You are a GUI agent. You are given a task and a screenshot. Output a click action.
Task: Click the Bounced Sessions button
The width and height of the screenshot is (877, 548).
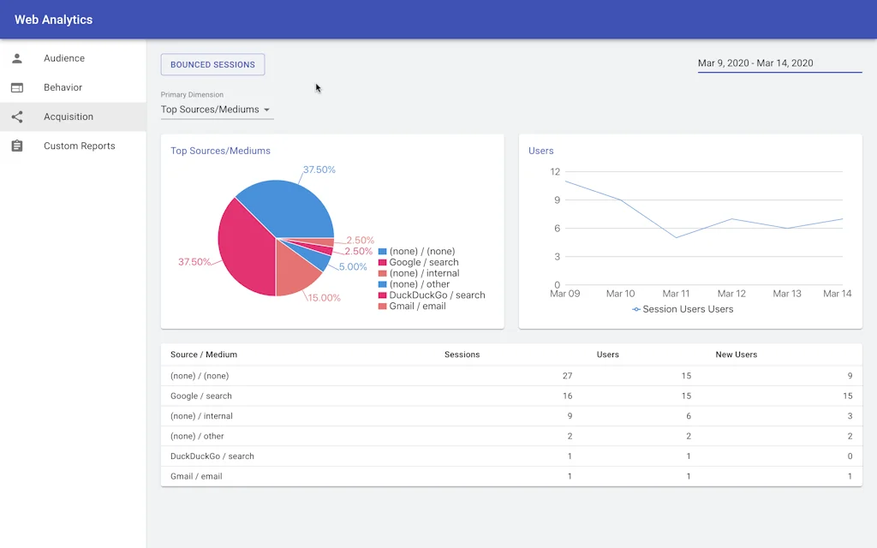click(x=212, y=64)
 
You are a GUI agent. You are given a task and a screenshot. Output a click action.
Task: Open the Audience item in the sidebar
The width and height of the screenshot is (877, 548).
click(x=64, y=58)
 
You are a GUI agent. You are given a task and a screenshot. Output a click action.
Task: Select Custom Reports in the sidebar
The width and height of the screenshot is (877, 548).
click(x=79, y=146)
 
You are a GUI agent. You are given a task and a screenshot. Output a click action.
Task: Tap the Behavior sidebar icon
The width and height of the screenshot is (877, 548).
click(x=17, y=87)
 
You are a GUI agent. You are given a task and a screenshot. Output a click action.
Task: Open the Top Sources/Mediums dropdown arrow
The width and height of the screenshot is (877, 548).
click(x=266, y=110)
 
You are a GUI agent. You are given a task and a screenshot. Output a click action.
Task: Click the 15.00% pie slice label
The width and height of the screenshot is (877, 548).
click(x=325, y=298)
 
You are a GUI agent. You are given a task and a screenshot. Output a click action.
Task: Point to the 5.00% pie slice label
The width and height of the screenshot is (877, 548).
click(x=353, y=267)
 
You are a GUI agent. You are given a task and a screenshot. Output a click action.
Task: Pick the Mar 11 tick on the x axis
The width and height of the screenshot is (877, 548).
click(x=676, y=294)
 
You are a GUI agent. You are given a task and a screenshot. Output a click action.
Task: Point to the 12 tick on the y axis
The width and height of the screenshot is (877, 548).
click(x=555, y=172)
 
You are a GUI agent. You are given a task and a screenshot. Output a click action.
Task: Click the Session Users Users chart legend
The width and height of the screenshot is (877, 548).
click(x=683, y=309)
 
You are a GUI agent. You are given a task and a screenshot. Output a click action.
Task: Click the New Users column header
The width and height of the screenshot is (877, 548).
click(x=736, y=354)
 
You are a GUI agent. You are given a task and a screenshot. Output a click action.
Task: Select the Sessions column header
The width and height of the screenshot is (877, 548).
click(x=462, y=354)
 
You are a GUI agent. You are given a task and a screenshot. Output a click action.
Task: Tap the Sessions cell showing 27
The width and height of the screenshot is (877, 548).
click(x=567, y=376)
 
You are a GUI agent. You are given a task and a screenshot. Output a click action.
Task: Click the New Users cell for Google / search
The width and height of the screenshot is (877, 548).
click(x=847, y=396)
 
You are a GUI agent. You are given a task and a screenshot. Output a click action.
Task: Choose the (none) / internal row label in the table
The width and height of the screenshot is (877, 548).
click(x=201, y=416)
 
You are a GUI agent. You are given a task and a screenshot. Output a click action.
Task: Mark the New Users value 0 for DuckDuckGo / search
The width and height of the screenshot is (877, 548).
click(x=850, y=456)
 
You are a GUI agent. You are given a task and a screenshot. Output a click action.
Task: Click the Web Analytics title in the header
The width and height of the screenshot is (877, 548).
click(x=53, y=20)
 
